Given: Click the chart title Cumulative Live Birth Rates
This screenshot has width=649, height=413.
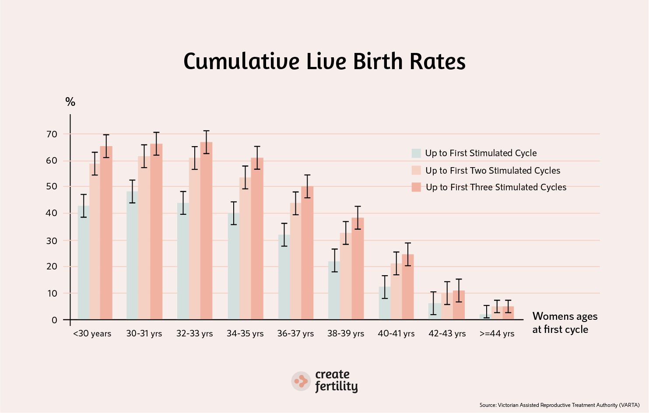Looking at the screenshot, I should (324, 61).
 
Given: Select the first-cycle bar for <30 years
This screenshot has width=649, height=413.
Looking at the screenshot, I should (84, 262).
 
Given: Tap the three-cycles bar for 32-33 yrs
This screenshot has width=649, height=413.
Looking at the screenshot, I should (206, 232).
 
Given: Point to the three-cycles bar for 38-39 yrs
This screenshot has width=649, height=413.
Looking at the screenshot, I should (358, 269).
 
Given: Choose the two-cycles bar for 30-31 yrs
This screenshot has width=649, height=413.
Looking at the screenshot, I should (144, 238).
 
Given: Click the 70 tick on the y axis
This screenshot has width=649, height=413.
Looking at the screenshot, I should (52, 134).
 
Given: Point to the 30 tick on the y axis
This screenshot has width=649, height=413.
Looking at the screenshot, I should (52, 241).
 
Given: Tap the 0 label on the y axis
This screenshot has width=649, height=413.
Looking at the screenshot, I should (54, 320).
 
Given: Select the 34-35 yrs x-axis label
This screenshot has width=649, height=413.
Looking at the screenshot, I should (245, 334).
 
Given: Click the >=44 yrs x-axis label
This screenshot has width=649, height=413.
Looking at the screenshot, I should (497, 334).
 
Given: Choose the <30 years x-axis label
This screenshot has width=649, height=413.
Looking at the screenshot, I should (92, 334).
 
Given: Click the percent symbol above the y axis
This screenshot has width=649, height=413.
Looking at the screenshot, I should (70, 102).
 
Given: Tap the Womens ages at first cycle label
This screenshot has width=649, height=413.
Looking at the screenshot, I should (565, 323).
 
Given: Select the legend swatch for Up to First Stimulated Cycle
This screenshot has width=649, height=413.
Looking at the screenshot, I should (416, 153).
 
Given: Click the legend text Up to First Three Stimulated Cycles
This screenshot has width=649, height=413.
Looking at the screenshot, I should (496, 187).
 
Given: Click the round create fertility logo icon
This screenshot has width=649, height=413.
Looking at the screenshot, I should (301, 381).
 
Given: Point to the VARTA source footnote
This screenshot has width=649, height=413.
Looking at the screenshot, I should (559, 405).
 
